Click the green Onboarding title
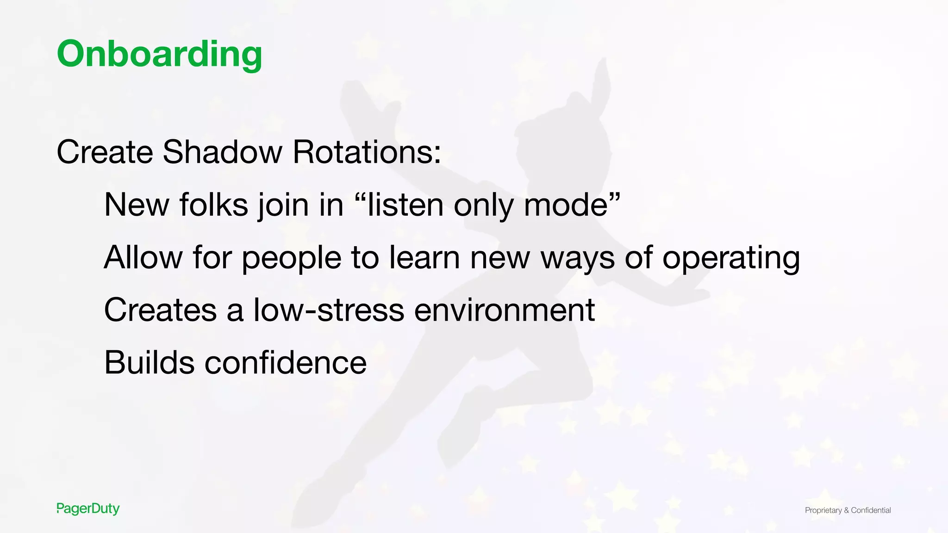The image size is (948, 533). pos(159,54)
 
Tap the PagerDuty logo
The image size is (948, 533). pos(88,508)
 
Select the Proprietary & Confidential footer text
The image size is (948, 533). pos(848,510)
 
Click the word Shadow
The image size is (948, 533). pos(222,152)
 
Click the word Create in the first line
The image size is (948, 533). pos(105,152)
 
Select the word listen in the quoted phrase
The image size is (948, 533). pos(405,205)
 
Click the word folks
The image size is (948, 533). pos(213,205)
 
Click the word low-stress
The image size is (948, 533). pos(329,310)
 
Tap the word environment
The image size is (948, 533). pos(504,310)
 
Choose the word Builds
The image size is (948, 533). pos(149,362)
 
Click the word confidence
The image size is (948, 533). pos(286,362)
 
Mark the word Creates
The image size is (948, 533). pos(160,310)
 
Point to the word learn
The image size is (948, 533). pos(424,257)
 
